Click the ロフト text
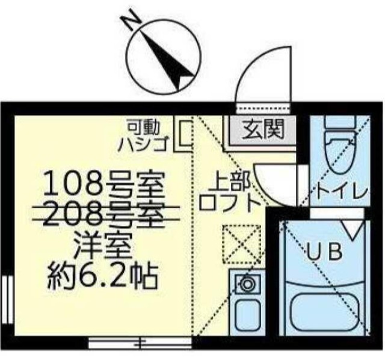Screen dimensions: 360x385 pyautogui.click(x=229, y=200)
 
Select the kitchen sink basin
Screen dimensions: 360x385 pyautogui.click(x=247, y=314)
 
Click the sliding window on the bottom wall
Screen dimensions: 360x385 pyautogui.click(x=140, y=343)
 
